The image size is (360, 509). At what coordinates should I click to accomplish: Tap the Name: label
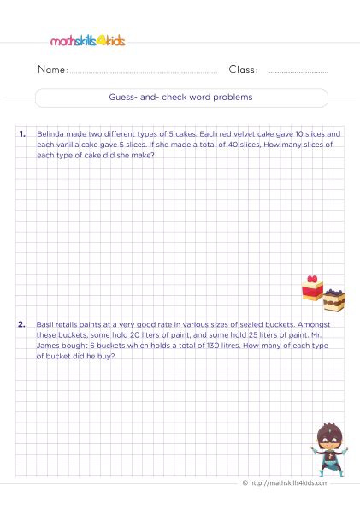pyautogui.click(x=51, y=70)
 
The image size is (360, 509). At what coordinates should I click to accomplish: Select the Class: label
pyautogui.click(x=243, y=70)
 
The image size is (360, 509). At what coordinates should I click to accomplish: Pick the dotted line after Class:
pyautogui.click(x=298, y=73)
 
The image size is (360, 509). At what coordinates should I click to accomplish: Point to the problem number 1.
pyautogui.click(x=21, y=135)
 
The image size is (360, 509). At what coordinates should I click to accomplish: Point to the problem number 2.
pyautogui.click(x=21, y=326)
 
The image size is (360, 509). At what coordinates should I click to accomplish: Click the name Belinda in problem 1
pyautogui.click(x=50, y=135)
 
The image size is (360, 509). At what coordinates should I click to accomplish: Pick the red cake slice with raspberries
pyautogui.click(x=311, y=287)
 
